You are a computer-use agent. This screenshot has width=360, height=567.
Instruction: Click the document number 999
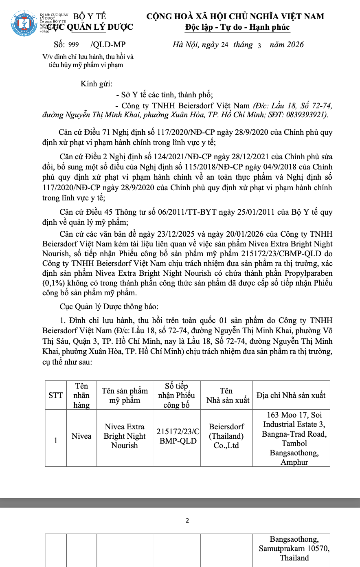point(74,45)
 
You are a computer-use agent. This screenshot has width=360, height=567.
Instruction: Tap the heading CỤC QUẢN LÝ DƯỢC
point(90,27)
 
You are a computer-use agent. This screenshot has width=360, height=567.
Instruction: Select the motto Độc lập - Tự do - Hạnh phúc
point(237,27)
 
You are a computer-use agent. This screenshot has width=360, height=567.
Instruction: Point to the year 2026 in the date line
point(294,45)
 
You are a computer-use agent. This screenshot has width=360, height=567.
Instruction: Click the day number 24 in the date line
point(225,45)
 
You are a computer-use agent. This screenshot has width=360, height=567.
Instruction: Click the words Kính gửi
point(96,84)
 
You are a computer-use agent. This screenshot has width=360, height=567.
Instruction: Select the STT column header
point(56,395)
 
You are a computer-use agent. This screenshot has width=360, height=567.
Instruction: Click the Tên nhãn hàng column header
point(81,395)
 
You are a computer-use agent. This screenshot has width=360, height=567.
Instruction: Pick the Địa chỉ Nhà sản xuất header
point(291,395)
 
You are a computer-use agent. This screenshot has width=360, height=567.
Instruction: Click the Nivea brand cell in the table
point(81,436)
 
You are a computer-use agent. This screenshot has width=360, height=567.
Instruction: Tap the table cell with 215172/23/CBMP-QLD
point(177,436)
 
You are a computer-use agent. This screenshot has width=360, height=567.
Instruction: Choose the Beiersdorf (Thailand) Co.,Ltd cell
point(226,436)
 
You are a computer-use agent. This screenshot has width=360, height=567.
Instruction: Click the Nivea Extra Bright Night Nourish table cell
point(125,436)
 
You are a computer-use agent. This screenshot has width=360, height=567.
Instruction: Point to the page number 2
point(187,521)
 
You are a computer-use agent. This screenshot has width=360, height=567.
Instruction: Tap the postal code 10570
point(318,549)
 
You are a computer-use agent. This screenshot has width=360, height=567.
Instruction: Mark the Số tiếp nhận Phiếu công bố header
point(177,395)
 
